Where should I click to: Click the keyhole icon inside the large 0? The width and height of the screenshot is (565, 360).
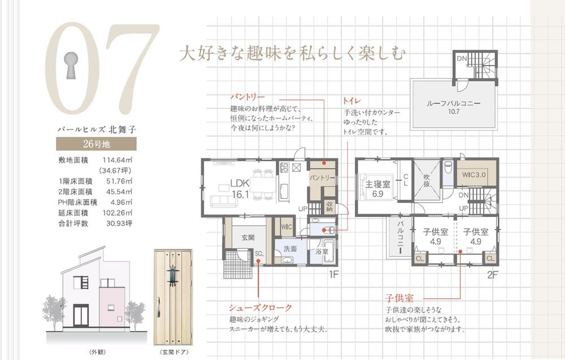click(x=72, y=66)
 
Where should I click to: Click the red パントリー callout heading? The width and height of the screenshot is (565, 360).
click(x=247, y=97)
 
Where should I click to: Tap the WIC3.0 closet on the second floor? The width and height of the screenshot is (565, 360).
click(x=472, y=176)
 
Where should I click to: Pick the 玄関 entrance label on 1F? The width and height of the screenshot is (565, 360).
click(x=247, y=237)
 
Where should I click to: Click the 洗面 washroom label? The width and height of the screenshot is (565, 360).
click(x=290, y=248)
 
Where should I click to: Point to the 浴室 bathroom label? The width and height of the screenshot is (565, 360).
click(x=322, y=251)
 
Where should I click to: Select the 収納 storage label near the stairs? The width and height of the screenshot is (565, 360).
click(x=329, y=207)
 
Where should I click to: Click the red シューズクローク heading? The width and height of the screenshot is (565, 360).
click(x=260, y=308)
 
